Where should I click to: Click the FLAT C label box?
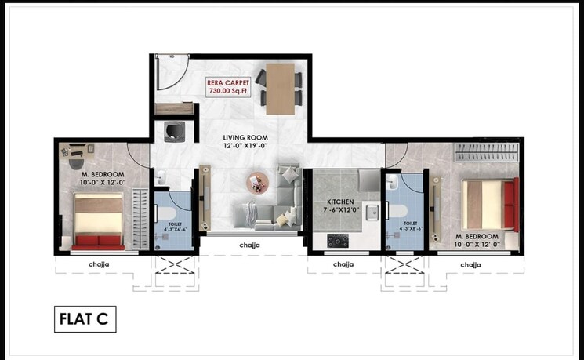pyautogui.click(x=86, y=320)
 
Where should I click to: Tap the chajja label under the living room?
pyautogui.click(x=249, y=245)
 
